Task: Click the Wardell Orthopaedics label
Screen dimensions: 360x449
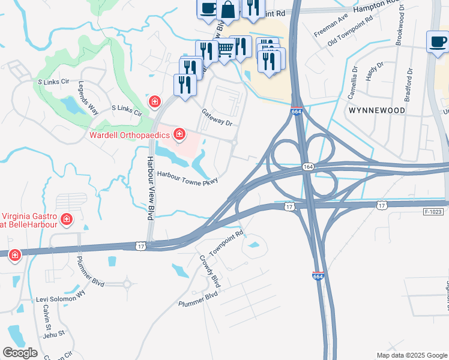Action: (129, 134)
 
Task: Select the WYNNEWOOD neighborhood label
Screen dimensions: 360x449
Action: (376, 111)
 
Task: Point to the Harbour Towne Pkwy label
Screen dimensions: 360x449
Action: (187, 177)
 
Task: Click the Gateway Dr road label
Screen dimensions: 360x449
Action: (217, 117)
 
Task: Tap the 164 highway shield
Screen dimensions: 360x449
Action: (307, 166)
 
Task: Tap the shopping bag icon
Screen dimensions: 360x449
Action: (228, 9)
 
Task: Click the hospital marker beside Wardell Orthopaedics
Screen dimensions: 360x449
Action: (179, 133)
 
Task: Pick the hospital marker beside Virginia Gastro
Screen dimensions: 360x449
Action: (67, 220)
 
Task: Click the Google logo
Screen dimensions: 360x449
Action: (20, 353)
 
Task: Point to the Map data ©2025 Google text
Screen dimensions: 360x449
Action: (411, 355)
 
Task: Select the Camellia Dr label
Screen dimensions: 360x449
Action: (353, 83)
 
